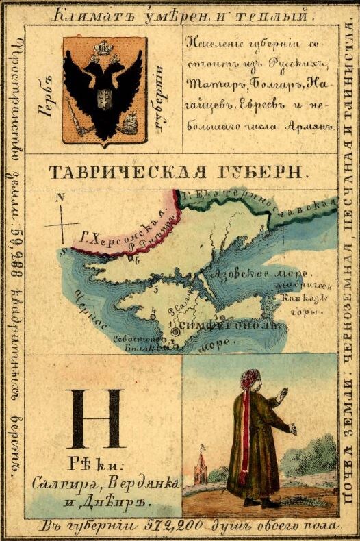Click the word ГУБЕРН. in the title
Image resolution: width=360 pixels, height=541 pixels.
[259, 172]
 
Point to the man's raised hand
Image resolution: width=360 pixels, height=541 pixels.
[280, 395]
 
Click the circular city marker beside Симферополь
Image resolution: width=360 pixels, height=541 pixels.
[175, 331]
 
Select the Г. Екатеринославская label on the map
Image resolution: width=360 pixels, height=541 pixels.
[260, 200]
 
